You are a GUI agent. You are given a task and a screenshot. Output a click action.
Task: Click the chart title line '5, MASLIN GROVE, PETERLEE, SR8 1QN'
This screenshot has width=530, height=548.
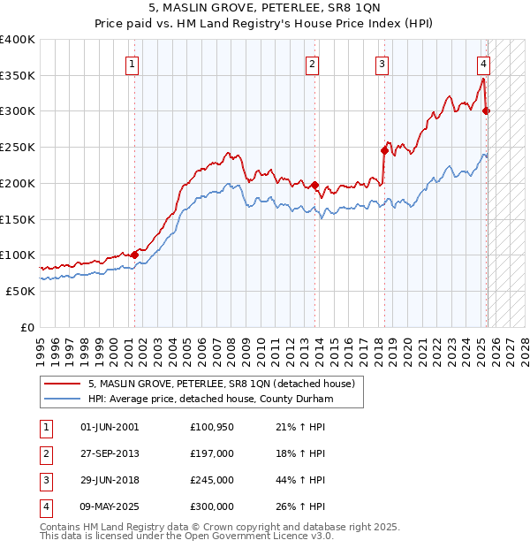coord(265,10)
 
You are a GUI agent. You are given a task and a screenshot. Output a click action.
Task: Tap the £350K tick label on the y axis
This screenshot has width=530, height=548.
coord(18,75)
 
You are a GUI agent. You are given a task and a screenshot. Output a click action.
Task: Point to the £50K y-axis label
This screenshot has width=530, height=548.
coord(20,291)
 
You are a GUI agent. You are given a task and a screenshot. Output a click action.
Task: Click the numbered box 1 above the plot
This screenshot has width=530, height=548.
coord(132,63)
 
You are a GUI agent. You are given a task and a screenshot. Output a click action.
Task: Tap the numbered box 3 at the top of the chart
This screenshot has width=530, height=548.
coord(382,63)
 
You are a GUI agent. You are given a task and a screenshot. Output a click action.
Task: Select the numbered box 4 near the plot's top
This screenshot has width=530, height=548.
coord(484,63)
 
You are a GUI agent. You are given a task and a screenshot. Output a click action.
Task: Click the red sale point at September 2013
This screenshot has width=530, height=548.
coord(315,185)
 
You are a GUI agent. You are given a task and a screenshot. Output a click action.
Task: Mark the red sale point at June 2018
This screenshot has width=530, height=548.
coord(384,150)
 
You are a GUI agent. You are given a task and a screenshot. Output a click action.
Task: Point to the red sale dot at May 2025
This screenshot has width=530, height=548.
coord(486,110)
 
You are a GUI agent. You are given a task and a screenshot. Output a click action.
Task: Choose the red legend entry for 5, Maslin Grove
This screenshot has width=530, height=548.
coord(221,384)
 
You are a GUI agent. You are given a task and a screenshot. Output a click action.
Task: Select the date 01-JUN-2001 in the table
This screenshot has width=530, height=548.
coord(110,427)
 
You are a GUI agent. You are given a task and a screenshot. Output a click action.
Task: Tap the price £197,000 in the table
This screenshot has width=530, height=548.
coord(212,453)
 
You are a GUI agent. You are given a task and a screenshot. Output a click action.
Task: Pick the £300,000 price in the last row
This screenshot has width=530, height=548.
coord(212,506)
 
